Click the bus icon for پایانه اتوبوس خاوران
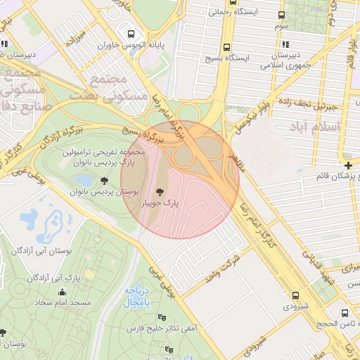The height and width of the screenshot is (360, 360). tap(129, 33)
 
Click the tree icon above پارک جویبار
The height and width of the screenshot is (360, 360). tap(160, 191)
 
